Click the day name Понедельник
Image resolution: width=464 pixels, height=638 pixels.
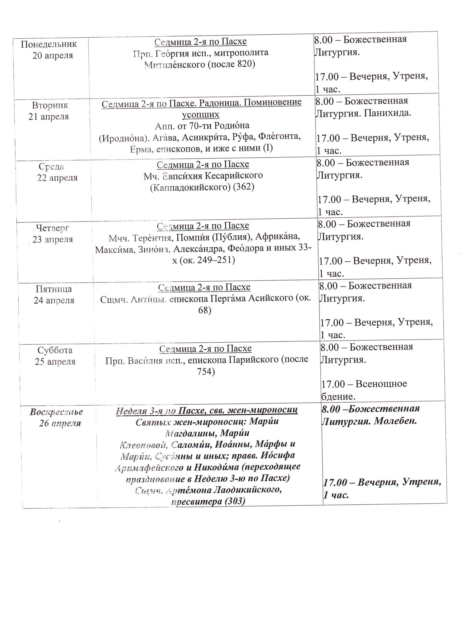click(x=49, y=44)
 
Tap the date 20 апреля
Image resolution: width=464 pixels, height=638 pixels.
click(x=52, y=55)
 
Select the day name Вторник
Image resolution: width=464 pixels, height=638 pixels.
click(x=50, y=105)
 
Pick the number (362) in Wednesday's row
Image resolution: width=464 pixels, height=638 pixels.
click(x=243, y=187)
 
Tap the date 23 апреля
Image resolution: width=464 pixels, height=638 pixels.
click(x=53, y=239)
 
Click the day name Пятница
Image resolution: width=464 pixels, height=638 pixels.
click(x=54, y=289)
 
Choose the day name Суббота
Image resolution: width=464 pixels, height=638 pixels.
click(x=55, y=350)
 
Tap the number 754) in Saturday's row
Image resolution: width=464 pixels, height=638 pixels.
click(x=206, y=372)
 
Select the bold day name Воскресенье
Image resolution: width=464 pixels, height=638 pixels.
click(x=56, y=412)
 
